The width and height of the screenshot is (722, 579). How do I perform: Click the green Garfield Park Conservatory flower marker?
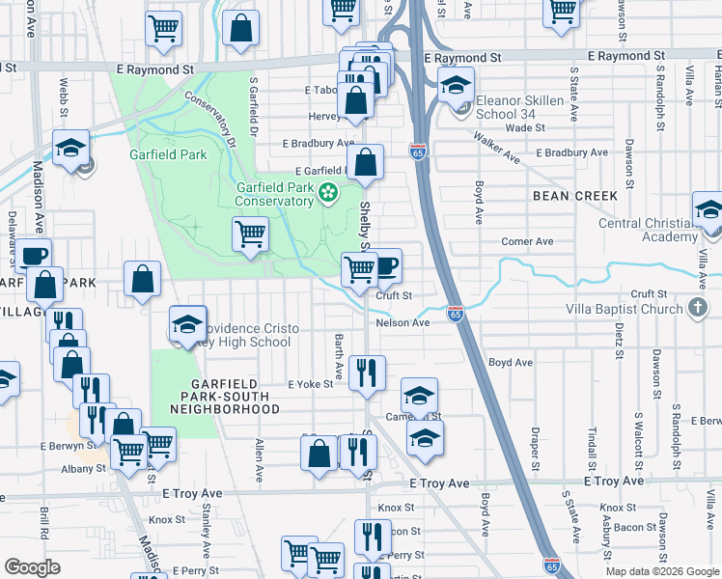328,193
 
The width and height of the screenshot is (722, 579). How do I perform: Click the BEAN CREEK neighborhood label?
574,196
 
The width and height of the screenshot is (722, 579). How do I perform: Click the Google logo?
32,567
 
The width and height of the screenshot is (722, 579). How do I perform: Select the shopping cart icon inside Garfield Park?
251,233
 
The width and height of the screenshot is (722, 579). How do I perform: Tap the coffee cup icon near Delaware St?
34,256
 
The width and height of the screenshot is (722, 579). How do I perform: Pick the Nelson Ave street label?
403,323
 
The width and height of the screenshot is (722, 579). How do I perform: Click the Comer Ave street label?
526,241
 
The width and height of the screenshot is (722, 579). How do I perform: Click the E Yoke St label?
310,384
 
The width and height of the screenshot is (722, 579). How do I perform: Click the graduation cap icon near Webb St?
70,148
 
